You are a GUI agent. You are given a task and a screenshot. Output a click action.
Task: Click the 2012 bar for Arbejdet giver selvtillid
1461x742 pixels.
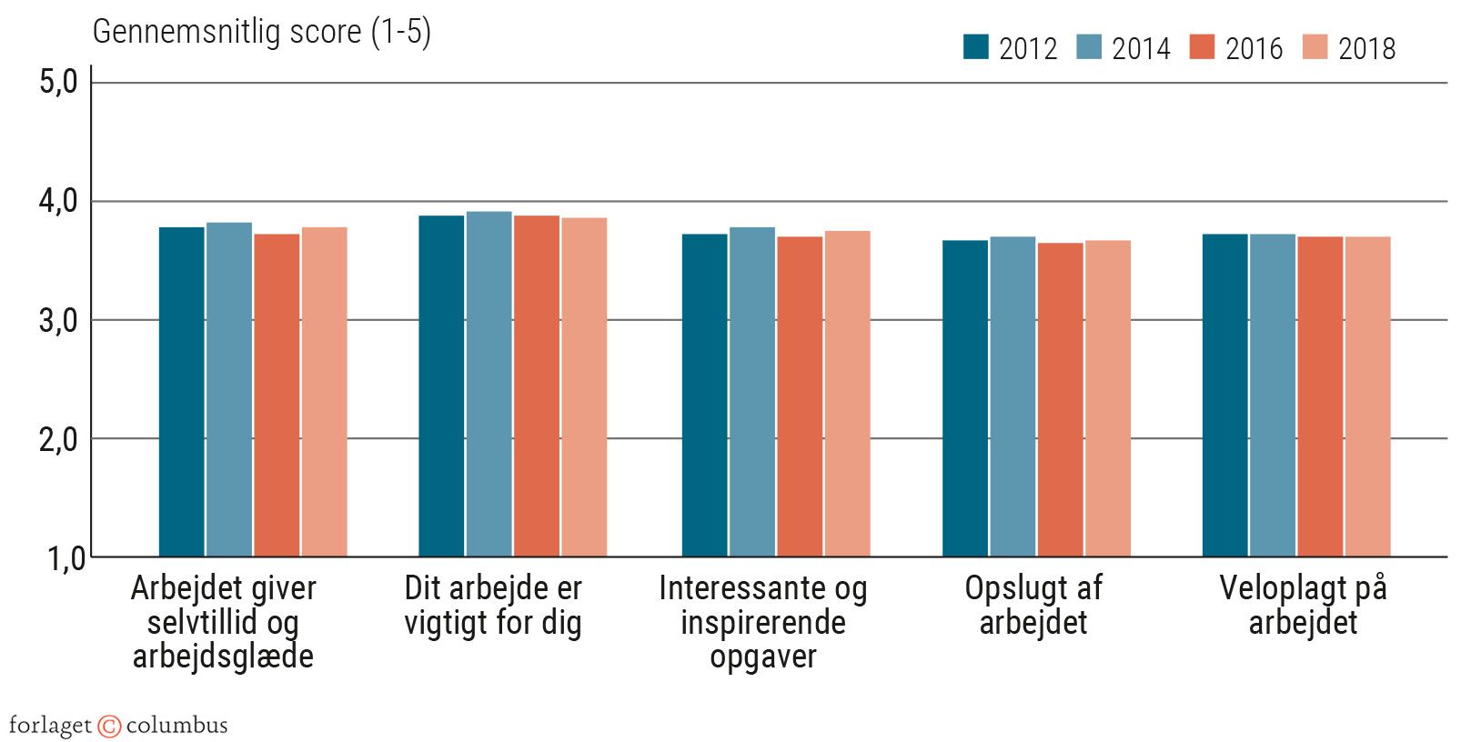point(182,392)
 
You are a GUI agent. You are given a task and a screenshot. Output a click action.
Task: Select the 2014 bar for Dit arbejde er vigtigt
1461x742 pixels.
point(489,384)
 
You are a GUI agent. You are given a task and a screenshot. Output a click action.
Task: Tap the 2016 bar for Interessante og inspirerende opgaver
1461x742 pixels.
point(800,396)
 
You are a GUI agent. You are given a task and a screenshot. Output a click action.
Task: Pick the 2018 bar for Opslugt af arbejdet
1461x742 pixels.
point(1108,398)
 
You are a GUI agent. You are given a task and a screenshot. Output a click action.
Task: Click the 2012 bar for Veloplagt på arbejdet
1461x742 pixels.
point(1225,396)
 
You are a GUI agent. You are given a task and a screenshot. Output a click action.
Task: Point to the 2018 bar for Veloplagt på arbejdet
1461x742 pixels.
point(1368,396)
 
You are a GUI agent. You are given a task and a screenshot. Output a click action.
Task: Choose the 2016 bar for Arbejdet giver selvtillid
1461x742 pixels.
point(277,396)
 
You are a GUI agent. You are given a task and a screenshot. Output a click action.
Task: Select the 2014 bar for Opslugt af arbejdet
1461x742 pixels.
point(1013,396)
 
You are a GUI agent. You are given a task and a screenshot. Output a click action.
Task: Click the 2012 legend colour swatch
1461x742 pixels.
point(976,47)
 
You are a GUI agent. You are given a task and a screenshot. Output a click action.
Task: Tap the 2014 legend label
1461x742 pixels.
point(1141,48)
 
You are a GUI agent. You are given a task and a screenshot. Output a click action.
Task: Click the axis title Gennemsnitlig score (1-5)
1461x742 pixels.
point(262,32)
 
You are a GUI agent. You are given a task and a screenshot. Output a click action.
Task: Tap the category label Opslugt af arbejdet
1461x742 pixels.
point(1033,605)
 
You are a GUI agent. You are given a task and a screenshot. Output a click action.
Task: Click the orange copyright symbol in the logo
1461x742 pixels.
point(109,726)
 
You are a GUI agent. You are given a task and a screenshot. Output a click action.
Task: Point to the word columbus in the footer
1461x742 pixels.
point(176,726)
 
